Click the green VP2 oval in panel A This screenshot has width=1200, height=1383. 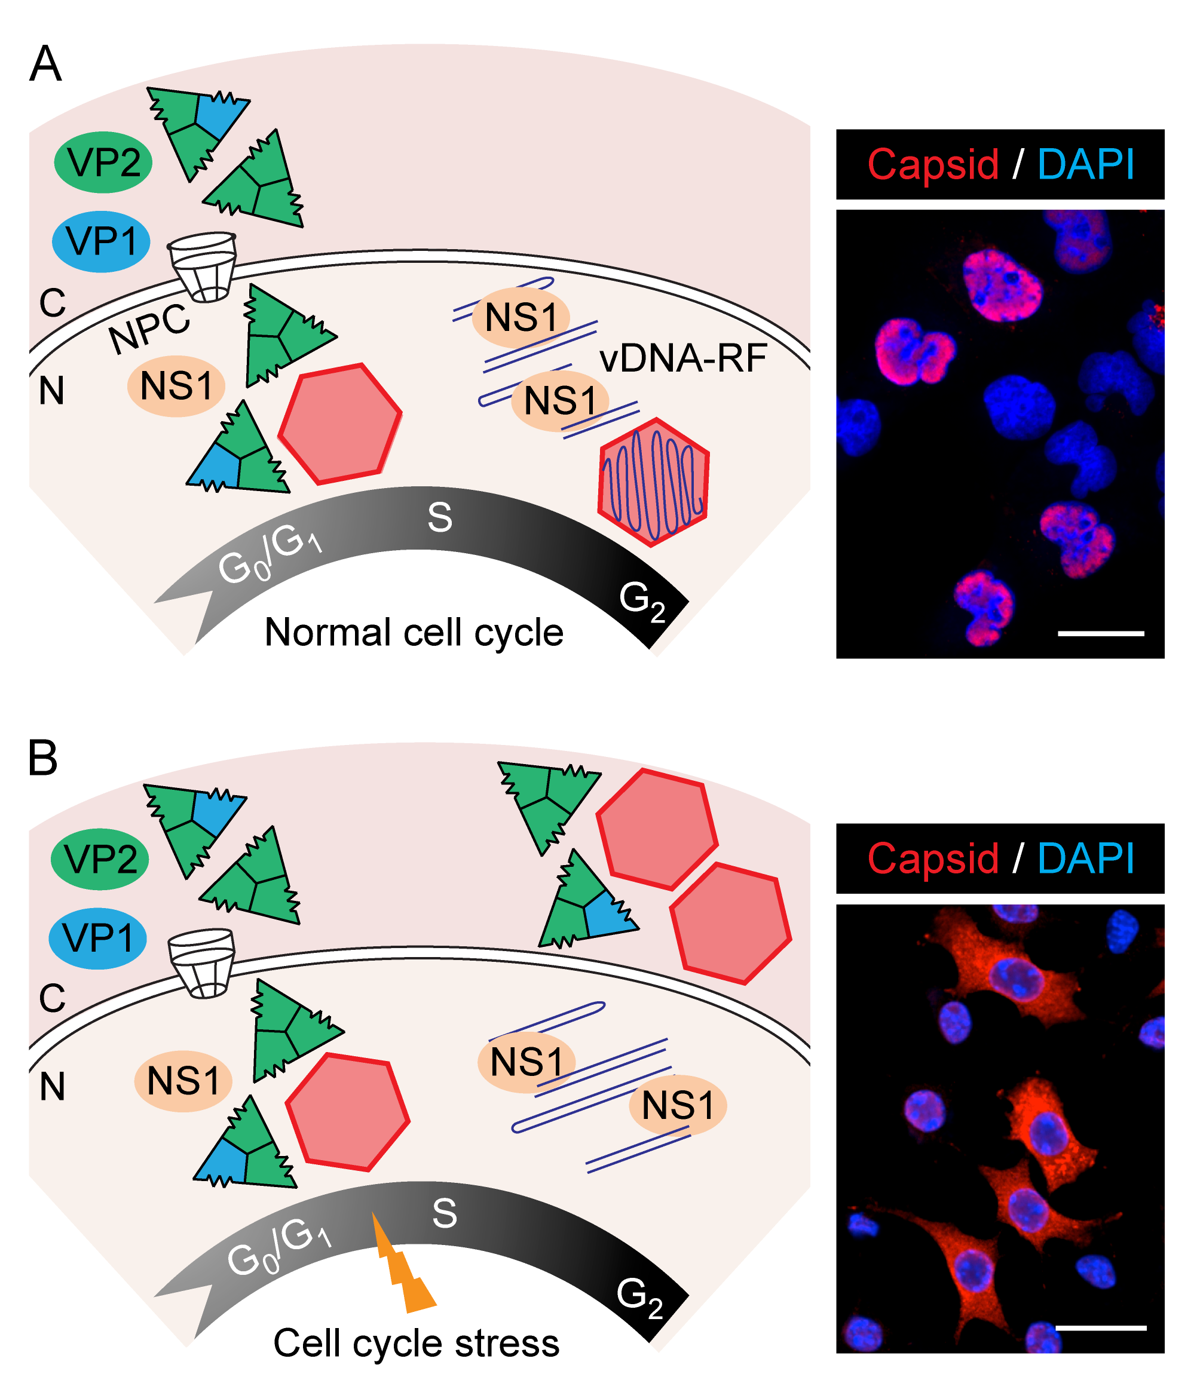[103, 162]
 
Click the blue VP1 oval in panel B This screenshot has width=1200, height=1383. [98, 938]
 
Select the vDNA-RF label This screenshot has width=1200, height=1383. [682, 359]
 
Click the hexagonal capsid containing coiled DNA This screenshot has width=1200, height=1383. [654, 482]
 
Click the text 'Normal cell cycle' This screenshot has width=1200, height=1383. [414, 633]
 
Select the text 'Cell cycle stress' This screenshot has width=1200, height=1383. [416, 1343]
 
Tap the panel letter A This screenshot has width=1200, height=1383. [45, 65]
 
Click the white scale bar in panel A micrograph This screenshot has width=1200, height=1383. [1100, 633]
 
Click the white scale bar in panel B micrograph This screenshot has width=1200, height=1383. [1100, 1327]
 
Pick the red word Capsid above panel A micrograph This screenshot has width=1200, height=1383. [933, 164]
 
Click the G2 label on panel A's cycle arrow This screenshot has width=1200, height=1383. [641, 600]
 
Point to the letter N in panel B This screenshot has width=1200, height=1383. [52, 1087]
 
